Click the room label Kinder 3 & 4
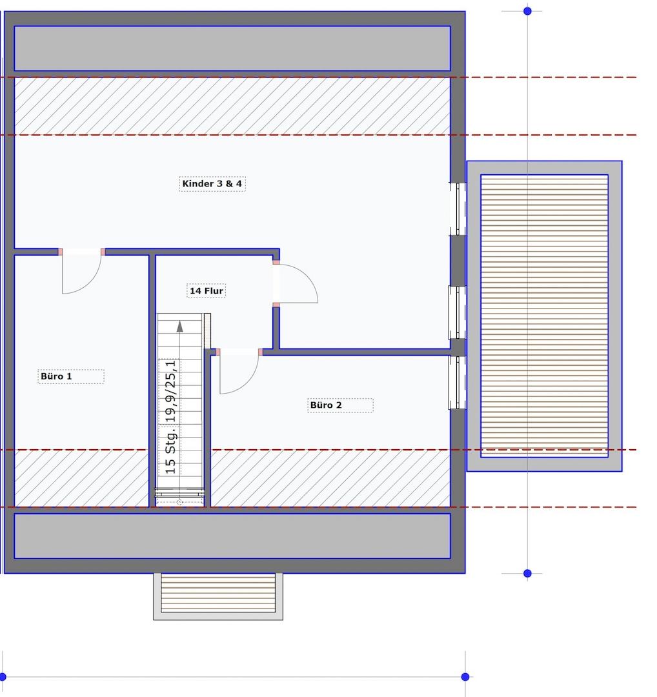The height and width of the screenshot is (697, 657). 212,183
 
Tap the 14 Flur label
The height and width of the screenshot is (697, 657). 207,290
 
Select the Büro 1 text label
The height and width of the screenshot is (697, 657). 56,376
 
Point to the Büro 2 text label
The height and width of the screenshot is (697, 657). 326,405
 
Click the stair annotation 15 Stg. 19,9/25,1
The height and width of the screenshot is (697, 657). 170,417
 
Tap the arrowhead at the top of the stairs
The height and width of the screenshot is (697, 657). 179,327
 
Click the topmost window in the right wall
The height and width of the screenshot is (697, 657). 458,208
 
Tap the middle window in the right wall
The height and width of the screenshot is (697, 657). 458,312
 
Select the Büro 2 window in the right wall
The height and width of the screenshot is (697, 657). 458,382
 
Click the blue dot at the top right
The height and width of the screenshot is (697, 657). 528,11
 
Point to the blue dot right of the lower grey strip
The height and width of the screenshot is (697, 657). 528,574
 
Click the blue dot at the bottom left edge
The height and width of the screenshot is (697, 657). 2,677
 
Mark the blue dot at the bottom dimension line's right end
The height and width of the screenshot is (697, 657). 465,677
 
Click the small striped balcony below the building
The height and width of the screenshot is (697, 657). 218,596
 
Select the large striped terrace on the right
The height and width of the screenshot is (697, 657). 545,316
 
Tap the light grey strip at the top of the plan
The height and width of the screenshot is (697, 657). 232,48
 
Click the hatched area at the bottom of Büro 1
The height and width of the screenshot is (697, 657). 81,478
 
